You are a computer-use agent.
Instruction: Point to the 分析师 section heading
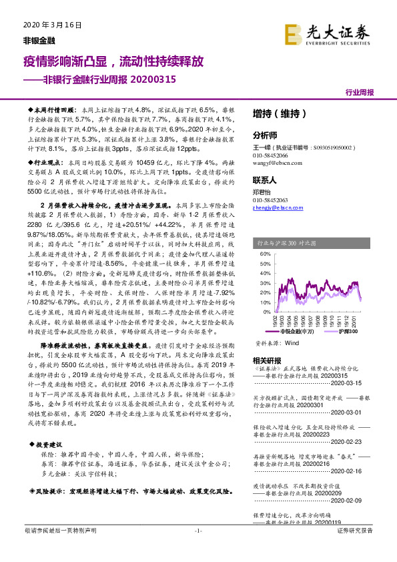tap(265, 134)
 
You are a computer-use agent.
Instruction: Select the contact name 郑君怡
tap(264, 191)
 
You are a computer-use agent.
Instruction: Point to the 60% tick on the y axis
tap(265, 254)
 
